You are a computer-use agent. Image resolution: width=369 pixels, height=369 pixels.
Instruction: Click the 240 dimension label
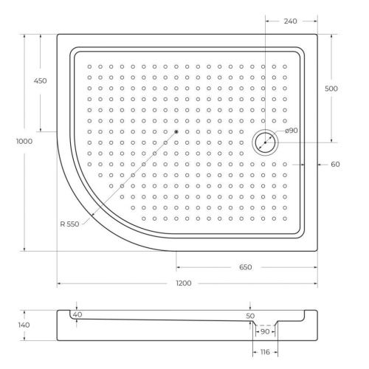[x=290, y=21]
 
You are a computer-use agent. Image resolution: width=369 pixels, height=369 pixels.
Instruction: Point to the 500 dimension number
[x=331, y=88]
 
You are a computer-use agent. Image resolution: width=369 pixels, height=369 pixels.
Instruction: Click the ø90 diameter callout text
[x=291, y=131]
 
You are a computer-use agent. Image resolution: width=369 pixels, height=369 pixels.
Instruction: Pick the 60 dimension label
[x=335, y=164]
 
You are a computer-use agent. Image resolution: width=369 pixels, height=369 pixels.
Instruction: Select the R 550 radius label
[x=69, y=224]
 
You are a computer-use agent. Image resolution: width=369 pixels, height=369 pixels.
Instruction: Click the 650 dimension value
[x=246, y=267]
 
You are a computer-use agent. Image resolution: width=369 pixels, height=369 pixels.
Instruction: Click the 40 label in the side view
[x=77, y=315]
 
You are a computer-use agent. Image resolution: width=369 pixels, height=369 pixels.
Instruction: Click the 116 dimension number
[x=265, y=353]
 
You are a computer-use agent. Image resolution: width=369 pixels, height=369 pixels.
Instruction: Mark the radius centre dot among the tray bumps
[x=177, y=133]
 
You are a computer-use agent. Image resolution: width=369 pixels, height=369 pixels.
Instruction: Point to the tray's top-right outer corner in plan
[x=317, y=32]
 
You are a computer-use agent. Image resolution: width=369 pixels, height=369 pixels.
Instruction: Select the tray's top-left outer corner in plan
[x=58, y=32]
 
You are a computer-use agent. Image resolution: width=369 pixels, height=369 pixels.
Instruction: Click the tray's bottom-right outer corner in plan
[x=317, y=251]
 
